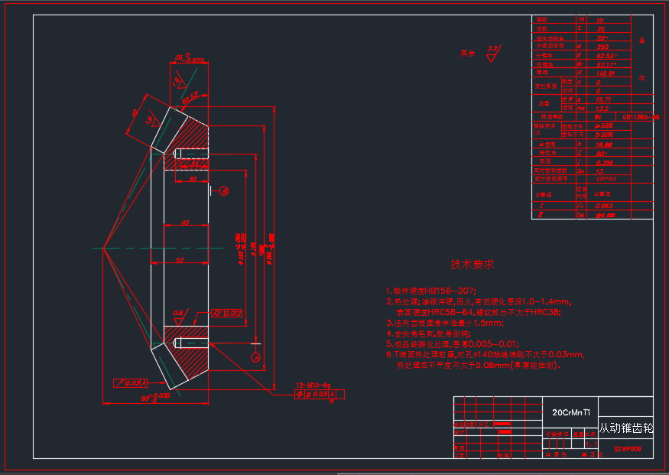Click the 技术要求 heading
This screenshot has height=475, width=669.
pos(472,265)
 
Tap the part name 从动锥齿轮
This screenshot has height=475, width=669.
pos(625,429)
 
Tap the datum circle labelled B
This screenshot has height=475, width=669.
pos(225,191)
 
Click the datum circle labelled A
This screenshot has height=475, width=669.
pos(255,356)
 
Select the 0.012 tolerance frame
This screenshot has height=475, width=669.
pos(227,312)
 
